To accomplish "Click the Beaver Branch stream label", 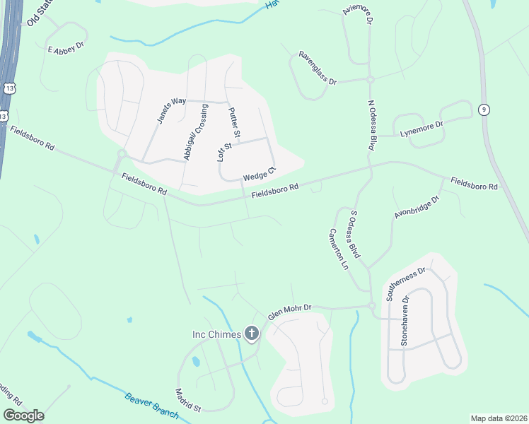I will click(x=151, y=406).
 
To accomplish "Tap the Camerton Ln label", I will click(x=339, y=249).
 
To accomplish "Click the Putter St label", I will click(x=234, y=123).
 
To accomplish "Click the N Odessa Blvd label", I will click(x=370, y=124).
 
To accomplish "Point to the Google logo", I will click(x=23, y=415).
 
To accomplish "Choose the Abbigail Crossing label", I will click(x=196, y=132).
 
